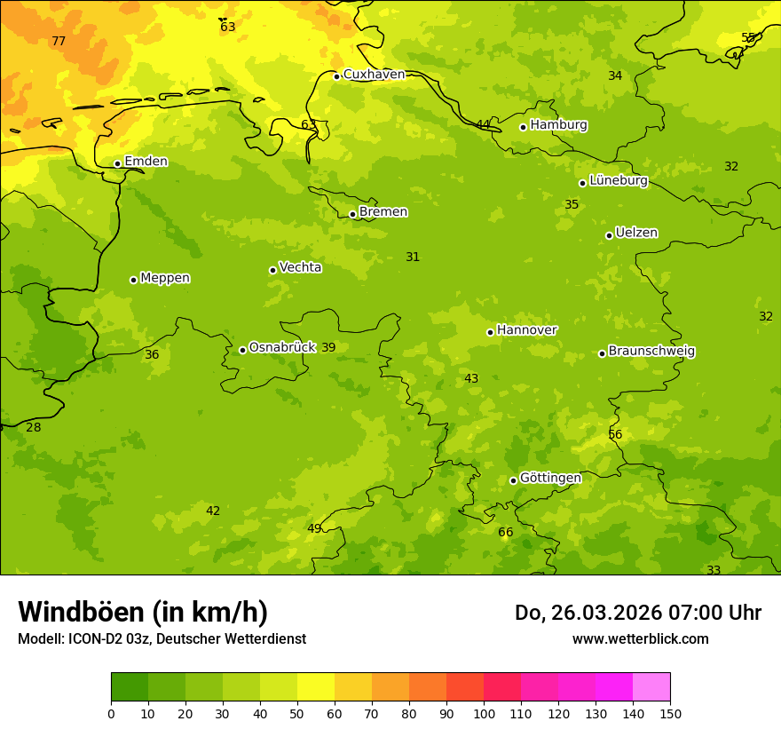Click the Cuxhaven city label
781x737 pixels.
(374, 75)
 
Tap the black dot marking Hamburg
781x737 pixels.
(523, 127)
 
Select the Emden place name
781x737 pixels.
(146, 162)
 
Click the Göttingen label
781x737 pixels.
(550, 478)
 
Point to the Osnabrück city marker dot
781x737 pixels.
(242, 350)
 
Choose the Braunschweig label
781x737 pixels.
(651, 352)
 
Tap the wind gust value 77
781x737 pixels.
(59, 42)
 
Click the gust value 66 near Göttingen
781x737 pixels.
(505, 533)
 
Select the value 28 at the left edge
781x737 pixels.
(34, 428)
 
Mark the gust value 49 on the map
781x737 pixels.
(314, 529)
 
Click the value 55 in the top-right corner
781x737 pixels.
(748, 38)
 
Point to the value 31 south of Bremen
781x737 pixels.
(413, 258)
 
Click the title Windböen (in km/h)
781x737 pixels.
(143, 612)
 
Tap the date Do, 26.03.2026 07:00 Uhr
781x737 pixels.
(637, 613)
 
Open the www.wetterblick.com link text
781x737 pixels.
(640, 639)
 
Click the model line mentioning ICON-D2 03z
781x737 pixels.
(162, 639)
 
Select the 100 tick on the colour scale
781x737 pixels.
(484, 713)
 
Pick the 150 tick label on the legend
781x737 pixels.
(670, 713)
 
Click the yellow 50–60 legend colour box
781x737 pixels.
(316, 687)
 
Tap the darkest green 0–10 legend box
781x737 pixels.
(130, 687)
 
